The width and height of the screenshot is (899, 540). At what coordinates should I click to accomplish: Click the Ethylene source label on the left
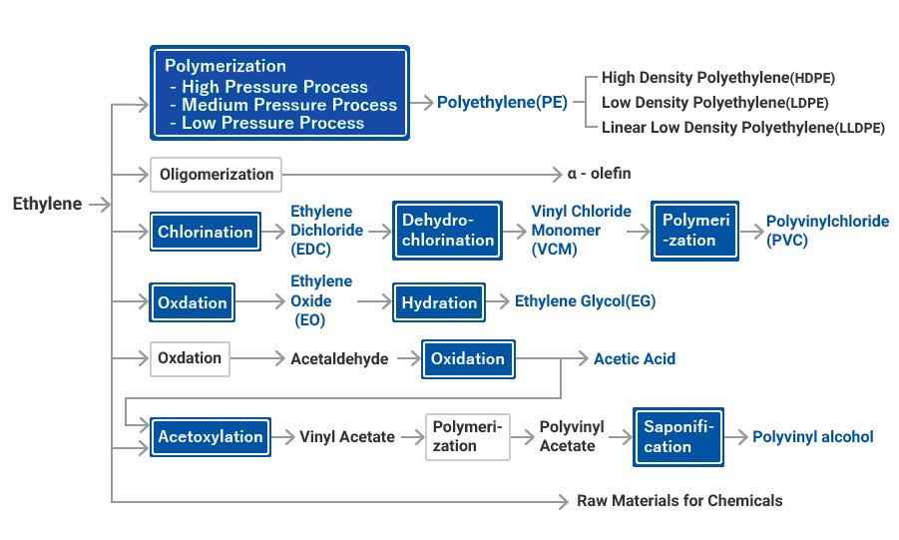pos(47,204)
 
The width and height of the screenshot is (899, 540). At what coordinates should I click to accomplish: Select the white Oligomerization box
pos(216,175)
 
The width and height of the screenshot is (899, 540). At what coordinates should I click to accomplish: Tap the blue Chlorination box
pos(206,232)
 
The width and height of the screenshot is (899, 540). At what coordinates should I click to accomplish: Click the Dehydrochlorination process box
pos(447,231)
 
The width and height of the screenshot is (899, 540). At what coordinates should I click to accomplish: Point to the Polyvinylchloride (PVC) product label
pos(826,231)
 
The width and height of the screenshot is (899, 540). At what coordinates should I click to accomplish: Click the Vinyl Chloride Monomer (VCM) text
pos(581,231)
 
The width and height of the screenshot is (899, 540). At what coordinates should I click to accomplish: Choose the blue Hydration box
pos(439,302)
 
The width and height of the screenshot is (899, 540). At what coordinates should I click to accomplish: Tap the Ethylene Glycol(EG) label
pos(585,301)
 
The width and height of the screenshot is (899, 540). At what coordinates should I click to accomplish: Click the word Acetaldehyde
pos(339,359)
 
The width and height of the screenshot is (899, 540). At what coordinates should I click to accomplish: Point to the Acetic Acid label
pos(634,359)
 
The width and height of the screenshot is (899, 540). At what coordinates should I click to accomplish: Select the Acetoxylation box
pos(210,437)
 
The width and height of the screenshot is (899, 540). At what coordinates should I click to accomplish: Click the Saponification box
pos(678,437)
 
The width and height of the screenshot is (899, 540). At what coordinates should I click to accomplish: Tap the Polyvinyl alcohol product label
pos(812,437)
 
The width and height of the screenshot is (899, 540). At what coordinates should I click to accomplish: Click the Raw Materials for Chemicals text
pos(679,501)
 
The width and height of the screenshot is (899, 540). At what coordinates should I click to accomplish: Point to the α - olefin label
pos(599,174)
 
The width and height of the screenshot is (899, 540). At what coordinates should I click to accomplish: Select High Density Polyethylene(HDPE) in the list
pos(717,78)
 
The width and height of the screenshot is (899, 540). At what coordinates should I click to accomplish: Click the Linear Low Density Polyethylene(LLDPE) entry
pos(742,128)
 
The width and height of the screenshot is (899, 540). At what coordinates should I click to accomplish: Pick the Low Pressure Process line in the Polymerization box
pos(272,123)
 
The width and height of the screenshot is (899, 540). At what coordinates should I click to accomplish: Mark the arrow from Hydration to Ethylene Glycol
pos(498,302)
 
